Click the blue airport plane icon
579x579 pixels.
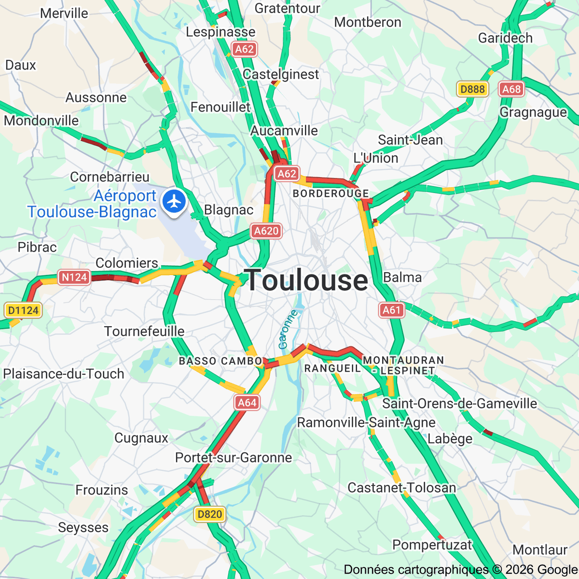(x=174, y=201)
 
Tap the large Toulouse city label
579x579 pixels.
(x=306, y=280)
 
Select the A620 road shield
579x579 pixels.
(x=266, y=231)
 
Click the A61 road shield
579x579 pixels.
(x=391, y=310)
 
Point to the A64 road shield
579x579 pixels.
(x=247, y=402)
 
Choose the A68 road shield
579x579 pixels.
(x=511, y=89)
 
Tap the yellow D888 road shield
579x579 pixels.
(x=472, y=89)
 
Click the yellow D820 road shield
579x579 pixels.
(x=210, y=514)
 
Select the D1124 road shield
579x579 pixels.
(x=23, y=310)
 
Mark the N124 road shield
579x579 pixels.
(x=74, y=277)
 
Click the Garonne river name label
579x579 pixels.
(x=288, y=330)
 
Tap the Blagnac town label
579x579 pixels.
(x=229, y=210)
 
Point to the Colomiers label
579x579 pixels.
(x=127, y=263)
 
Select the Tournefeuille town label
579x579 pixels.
(x=144, y=331)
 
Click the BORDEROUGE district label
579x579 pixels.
(x=331, y=193)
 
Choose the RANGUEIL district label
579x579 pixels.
(x=332, y=369)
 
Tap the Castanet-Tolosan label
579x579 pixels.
(x=401, y=488)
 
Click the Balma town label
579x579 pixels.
(x=402, y=277)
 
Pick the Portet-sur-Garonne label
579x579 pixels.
(x=234, y=457)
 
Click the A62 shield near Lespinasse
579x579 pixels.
(x=245, y=49)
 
